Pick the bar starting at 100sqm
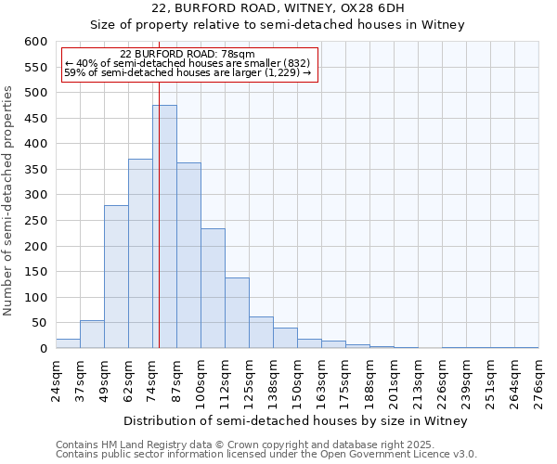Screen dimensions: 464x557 [213, 289]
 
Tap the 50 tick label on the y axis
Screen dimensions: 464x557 [39, 323]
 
